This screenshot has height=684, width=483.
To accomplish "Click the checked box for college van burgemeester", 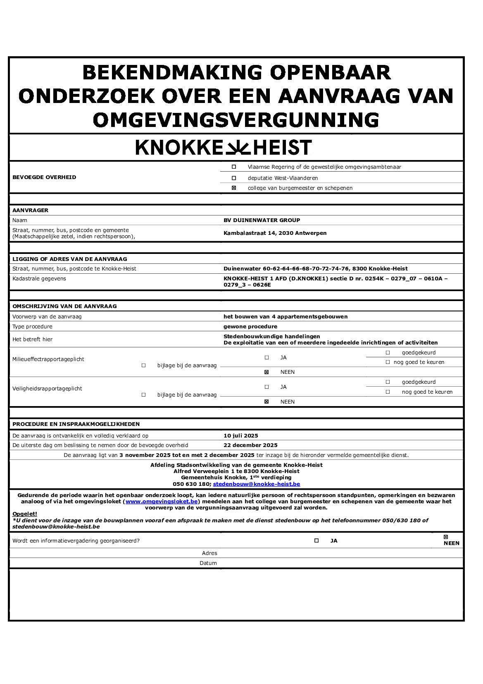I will pos(234,188).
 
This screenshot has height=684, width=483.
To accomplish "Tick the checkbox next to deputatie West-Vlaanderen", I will pos(234,178).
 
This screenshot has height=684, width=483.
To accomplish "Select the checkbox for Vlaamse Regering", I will pos(234,167).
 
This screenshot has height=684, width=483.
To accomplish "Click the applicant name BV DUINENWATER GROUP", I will pos(262,220).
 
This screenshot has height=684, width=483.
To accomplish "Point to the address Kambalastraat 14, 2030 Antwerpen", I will pos(275,233).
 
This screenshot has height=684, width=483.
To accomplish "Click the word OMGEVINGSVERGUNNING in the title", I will pos(236,120).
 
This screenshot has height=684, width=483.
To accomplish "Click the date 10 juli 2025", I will pos(240,436).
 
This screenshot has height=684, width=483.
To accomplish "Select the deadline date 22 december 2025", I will pos(250,445).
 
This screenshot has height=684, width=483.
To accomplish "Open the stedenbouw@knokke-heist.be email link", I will pos(256,484).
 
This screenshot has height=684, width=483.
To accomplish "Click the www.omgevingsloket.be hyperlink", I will pos(162,502).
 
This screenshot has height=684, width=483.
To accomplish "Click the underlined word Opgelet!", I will pos(25,514).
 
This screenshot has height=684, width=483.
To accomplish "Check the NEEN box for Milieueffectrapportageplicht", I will pos(266,372).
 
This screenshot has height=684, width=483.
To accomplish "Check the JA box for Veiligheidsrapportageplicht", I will pos(266,387).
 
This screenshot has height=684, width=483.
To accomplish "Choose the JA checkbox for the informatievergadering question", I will pos(316,541).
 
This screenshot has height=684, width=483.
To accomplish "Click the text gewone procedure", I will pos(250,327).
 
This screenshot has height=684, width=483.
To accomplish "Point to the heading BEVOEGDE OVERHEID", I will pos(44,177).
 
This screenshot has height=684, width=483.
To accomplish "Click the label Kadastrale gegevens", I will pos(39,279).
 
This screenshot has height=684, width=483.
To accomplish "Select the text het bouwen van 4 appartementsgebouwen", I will pos(285,317).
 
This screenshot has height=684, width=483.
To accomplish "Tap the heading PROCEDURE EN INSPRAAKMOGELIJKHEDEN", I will pos(76,424).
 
